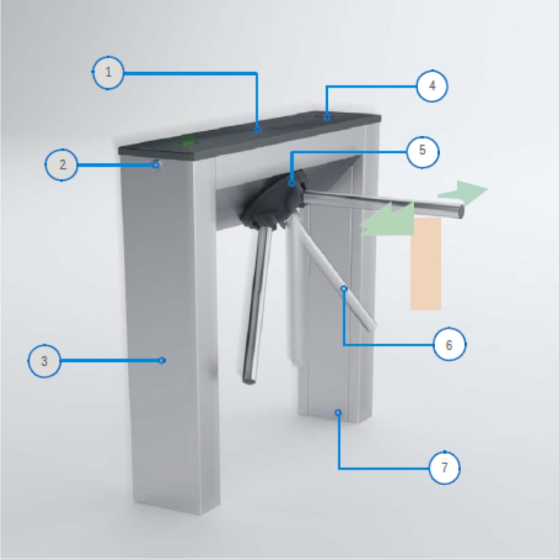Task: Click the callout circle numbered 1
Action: click(108, 73)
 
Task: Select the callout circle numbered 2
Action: click(62, 165)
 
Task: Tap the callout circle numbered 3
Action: click(44, 361)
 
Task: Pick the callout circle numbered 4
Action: click(432, 86)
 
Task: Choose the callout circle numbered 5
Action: click(423, 152)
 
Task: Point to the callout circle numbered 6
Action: click(449, 344)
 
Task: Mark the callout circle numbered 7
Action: click(445, 467)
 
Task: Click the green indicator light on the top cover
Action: click(187, 141)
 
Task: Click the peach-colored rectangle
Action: click(426, 264)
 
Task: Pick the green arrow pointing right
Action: click(463, 193)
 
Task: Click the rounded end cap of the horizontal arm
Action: click(460, 212)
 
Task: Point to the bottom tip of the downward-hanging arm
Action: click(249, 382)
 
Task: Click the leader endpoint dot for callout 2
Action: click(156, 165)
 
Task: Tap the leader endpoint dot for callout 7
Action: click(338, 412)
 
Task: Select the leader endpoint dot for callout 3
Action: click(162, 361)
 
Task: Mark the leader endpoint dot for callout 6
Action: click(344, 289)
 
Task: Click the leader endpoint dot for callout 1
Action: click(258, 129)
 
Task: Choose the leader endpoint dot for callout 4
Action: click(327, 117)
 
